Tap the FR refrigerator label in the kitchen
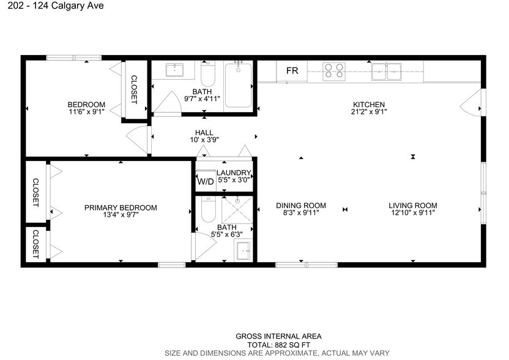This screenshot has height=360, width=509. [x=292, y=71]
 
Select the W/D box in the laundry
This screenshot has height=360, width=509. [x=204, y=182]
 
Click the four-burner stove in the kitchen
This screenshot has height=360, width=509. [x=333, y=71]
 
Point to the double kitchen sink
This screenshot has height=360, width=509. [x=387, y=72]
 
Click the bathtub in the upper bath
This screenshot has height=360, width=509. [x=238, y=86]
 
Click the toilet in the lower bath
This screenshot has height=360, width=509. [x=207, y=211]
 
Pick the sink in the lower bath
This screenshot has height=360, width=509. [x=243, y=250]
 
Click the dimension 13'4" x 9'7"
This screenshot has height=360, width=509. [x=121, y=215]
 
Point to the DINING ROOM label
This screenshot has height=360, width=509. [x=300, y=206]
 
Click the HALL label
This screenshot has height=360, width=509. [x=204, y=132]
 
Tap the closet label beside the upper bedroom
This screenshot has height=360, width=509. [x=134, y=89]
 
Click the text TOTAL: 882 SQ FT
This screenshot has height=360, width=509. [x=278, y=345]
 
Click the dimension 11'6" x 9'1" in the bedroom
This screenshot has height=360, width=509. [x=86, y=111]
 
